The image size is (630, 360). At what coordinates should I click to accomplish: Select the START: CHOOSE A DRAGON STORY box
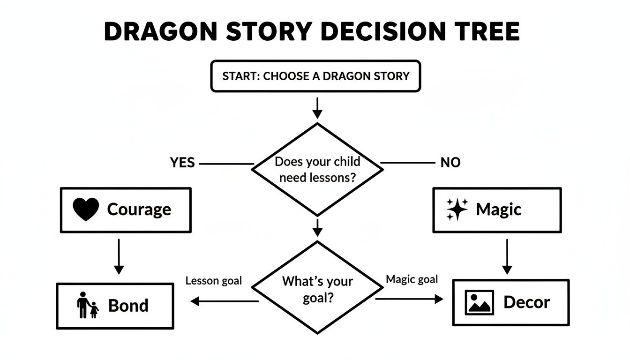click(x=316, y=76)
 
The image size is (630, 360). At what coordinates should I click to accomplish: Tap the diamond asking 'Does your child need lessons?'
click(x=318, y=169)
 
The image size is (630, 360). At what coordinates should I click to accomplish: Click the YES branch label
click(x=182, y=163)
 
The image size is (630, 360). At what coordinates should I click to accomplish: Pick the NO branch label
click(x=450, y=163)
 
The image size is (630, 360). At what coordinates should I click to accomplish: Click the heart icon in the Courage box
click(x=86, y=210)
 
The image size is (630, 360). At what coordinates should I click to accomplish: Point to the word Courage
click(x=139, y=210)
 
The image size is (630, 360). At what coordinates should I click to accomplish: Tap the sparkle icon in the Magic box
click(x=457, y=210)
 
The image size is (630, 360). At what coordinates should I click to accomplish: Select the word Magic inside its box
click(x=498, y=210)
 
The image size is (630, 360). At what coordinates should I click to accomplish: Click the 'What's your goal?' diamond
click(x=317, y=288)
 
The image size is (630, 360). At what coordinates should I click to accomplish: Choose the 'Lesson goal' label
click(x=214, y=281)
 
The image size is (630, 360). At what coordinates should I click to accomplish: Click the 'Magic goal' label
click(x=412, y=279)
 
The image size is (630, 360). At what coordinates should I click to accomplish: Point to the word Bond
click(x=128, y=306)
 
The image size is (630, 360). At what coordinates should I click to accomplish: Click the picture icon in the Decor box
click(x=479, y=302)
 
